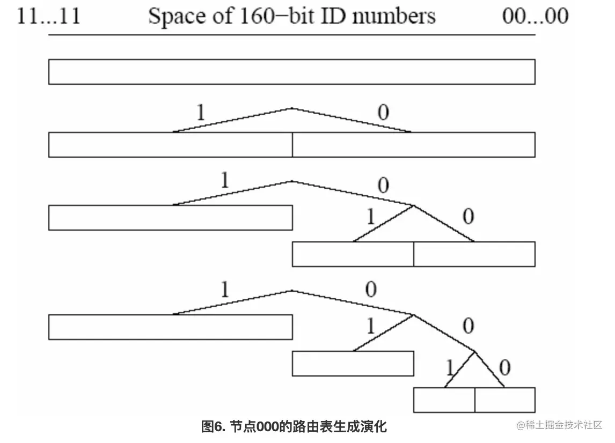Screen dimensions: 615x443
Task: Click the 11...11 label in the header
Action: coord(49,16)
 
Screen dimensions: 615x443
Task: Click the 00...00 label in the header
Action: coord(535,16)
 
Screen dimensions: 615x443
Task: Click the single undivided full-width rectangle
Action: coord(291,72)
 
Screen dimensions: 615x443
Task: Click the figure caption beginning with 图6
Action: coord(294,427)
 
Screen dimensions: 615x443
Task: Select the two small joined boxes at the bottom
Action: coord(474,400)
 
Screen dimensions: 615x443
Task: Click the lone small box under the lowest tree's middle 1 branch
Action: coord(353,364)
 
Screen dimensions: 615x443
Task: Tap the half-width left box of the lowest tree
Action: coord(170,327)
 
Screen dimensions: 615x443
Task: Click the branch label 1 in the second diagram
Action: coord(200,113)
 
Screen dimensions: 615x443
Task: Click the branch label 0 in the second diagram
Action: coord(383,113)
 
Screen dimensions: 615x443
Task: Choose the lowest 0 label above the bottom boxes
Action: coord(504,368)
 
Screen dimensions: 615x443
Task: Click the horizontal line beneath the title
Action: coord(291,35)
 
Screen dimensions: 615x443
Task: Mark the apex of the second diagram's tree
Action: coord(291,108)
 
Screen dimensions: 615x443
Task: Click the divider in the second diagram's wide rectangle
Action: coord(292,145)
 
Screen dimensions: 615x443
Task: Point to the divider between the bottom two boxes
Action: coord(475,400)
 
